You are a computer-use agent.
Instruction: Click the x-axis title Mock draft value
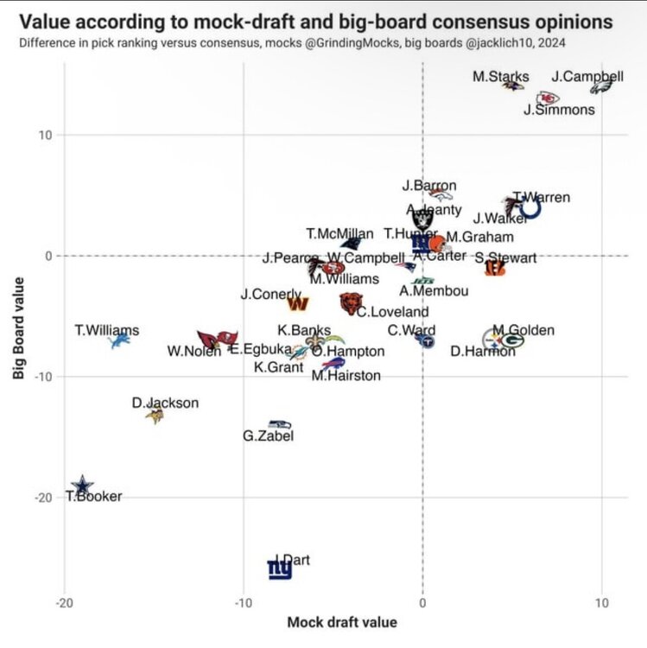point(342,622)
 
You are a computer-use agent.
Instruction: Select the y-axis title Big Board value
point(18,327)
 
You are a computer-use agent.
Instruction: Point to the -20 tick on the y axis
point(41,498)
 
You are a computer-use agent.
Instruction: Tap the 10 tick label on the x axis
point(601,603)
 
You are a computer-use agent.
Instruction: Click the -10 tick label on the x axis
point(243,603)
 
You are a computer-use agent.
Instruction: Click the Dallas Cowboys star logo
point(82,486)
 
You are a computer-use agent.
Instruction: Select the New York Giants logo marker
point(279,569)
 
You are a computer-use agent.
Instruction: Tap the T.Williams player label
point(107,330)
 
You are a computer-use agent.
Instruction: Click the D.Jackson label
point(165,403)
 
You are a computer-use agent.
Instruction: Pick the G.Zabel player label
point(268,436)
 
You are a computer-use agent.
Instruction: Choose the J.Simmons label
point(560,110)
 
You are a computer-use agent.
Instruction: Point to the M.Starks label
point(501,77)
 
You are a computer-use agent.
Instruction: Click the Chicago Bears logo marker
point(350,302)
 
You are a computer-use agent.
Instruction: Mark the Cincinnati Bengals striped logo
point(495,269)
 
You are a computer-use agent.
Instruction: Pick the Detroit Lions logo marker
point(119,342)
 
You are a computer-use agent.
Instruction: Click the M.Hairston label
point(346,375)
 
